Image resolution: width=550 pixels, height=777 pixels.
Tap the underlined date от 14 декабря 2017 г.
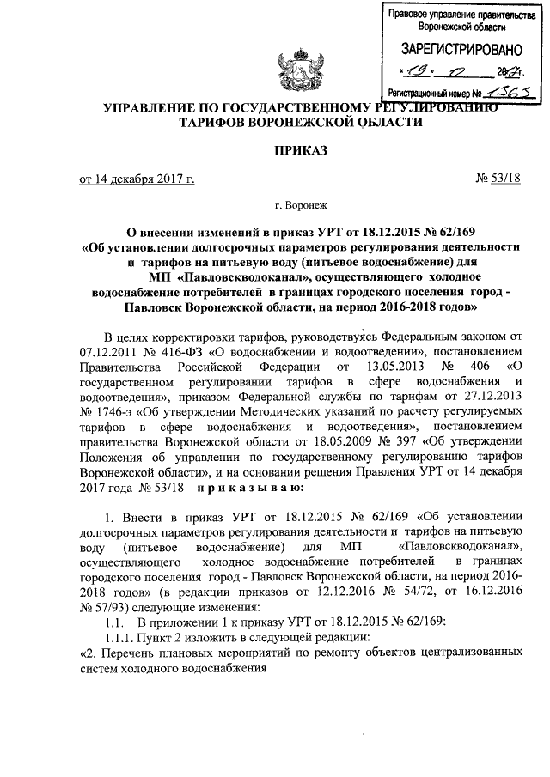pos(137,179)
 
